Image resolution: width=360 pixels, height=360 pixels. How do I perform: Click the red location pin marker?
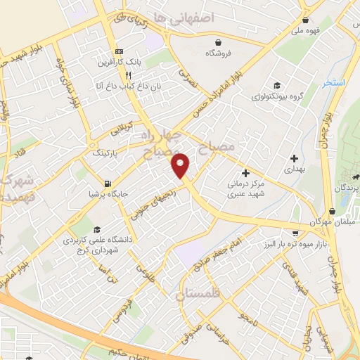click(181, 165)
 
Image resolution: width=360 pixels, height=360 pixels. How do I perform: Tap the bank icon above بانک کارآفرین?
click(119, 52)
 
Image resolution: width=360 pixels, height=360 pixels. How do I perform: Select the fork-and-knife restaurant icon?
click(128, 75)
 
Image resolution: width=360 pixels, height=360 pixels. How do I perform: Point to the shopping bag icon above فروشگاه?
click(219, 41)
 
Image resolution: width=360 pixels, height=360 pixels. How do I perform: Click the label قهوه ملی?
click(305, 30)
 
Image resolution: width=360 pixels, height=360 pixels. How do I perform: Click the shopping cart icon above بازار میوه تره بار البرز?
click(296, 231)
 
